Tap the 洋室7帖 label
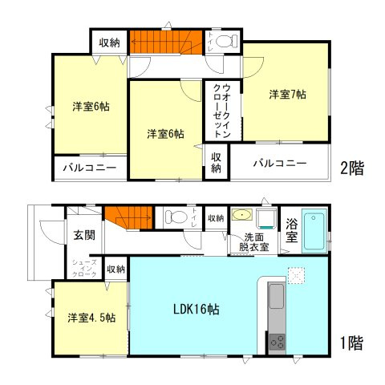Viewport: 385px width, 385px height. (x=287, y=95)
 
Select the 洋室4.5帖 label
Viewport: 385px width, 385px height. (x=90, y=317)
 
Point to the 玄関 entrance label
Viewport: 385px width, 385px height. (x=84, y=235)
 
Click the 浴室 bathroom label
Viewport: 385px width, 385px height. (x=292, y=230)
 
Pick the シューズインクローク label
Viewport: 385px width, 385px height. (x=84, y=269)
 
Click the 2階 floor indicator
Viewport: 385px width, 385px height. (x=351, y=168)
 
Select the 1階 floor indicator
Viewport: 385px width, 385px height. (x=351, y=344)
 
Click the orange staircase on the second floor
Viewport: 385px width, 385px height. (x=165, y=41)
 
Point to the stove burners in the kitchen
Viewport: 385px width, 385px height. (x=277, y=341)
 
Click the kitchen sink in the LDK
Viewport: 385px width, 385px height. (x=277, y=298)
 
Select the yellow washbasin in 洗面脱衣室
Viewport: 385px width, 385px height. (x=241, y=215)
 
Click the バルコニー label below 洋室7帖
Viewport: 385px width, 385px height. (x=280, y=163)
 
